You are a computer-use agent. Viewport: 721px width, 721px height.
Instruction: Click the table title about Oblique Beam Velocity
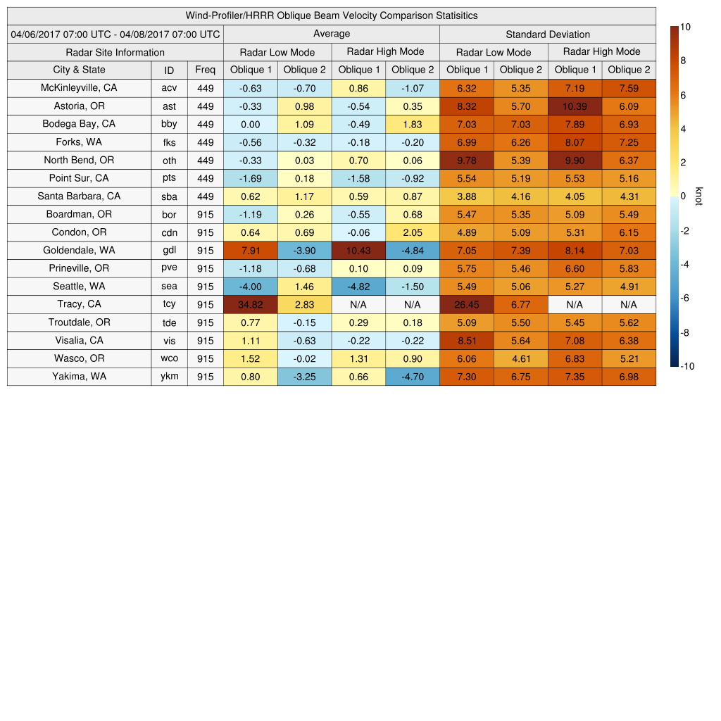point(332,15)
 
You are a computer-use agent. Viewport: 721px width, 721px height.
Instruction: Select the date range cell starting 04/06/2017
point(115,34)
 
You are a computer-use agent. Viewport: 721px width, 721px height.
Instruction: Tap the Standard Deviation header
point(548,34)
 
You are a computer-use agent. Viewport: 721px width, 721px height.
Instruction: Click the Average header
point(331,34)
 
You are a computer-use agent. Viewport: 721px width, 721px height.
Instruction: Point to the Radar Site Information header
point(115,52)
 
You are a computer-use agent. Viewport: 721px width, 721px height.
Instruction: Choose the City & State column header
point(79,70)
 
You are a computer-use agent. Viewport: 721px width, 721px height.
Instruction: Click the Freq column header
point(205,70)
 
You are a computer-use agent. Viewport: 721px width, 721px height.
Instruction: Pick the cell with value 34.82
point(250,304)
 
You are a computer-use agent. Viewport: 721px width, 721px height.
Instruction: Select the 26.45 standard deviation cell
point(466,304)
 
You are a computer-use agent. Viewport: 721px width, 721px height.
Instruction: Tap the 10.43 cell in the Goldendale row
point(358,250)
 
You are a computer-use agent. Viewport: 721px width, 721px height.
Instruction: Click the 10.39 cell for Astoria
point(575,106)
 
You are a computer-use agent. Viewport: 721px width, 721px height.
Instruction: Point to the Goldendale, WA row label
point(79,250)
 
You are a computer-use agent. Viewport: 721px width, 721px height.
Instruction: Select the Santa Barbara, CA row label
point(79,196)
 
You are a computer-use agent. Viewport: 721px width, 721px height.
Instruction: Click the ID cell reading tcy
point(169,304)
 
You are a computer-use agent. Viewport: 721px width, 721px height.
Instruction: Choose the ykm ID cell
point(169,376)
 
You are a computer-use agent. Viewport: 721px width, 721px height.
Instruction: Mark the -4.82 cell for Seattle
point(358,286)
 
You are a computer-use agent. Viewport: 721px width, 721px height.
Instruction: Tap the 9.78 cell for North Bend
point(466,160)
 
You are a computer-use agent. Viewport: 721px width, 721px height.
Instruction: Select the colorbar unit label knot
point(699,196)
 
